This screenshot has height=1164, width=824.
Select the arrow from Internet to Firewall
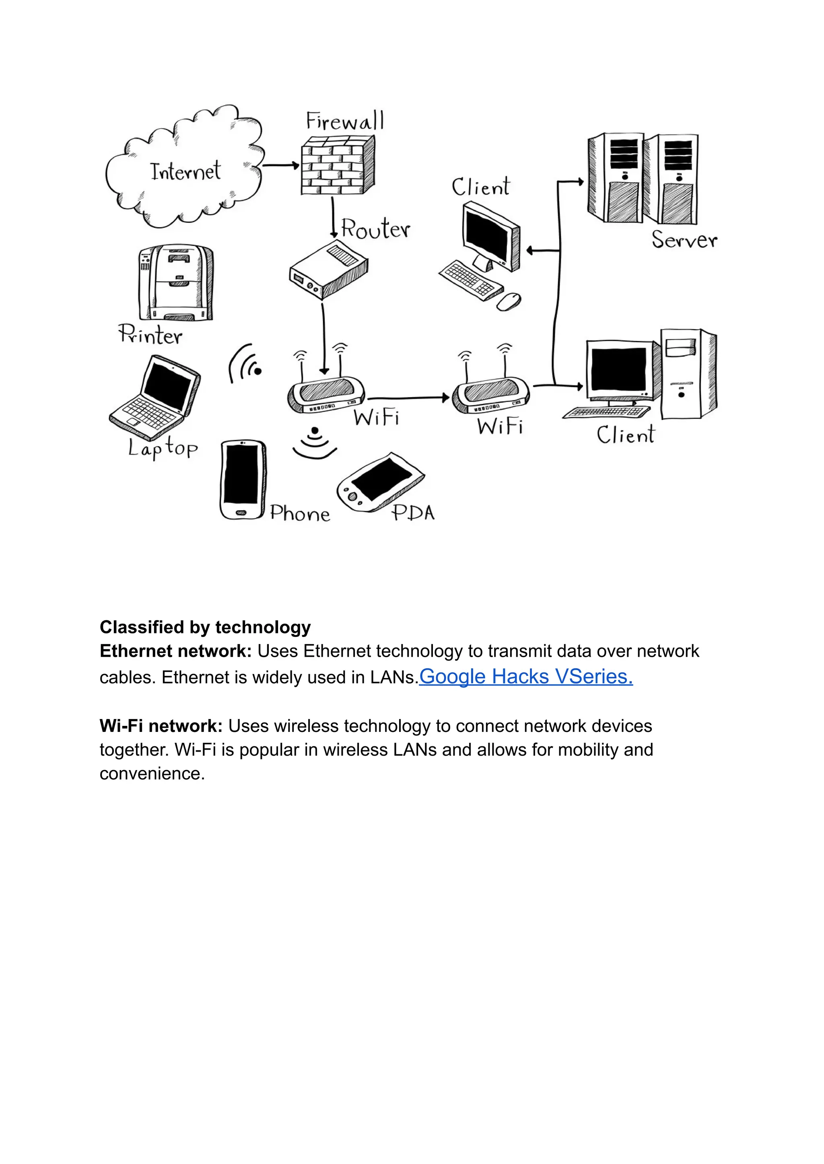coord(280,165)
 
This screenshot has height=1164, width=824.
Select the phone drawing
coord(243,480)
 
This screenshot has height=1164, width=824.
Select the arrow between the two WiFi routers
coord(408,398)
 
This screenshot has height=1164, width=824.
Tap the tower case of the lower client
coord(688,375)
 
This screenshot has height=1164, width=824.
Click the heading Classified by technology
coord(205,627)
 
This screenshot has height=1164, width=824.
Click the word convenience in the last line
coord(152,773)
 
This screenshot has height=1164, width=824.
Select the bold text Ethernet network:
coord(175,651)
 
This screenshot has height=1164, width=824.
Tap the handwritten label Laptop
coord(163,448)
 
